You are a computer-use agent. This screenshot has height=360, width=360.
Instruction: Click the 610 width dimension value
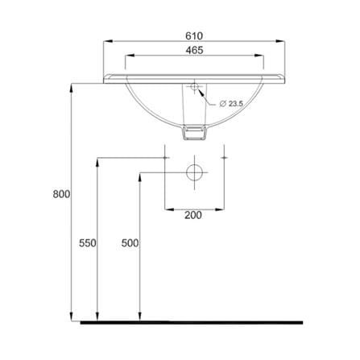tap(194, 36)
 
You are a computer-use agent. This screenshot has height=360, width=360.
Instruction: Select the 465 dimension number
tap(194, 50)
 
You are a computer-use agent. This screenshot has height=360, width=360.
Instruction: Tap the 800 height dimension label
tap(61, 194)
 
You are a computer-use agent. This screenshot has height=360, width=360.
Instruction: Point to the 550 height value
tap(88, 243)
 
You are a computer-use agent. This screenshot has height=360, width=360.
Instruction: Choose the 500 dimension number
tap(130, 243)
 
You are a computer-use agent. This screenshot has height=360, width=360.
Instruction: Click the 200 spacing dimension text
tap(193, 215)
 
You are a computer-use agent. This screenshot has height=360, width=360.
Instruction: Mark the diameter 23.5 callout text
tap(231, 104)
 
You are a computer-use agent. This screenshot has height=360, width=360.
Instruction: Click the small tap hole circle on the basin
tap(194, 86)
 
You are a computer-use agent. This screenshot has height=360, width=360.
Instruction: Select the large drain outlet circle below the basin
tap(194, 172)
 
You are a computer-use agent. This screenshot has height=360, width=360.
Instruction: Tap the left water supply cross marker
tap(165, 158)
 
